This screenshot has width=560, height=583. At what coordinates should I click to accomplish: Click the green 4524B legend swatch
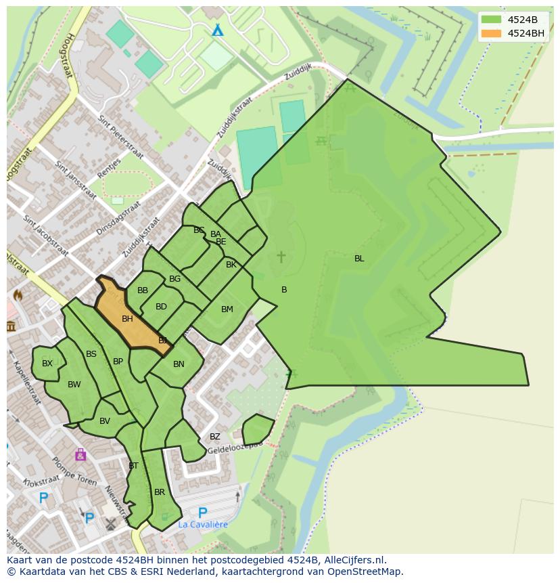click(492, 20)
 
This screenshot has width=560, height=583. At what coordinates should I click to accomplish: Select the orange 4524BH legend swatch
click(492, 33)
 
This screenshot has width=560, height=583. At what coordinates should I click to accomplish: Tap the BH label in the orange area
click(127, 319)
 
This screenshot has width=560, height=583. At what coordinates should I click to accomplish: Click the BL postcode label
click(359, 259)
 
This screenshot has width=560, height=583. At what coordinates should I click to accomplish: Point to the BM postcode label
click(227, 309)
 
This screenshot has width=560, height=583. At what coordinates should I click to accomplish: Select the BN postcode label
click(179, 364)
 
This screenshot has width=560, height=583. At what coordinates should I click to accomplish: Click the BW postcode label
click(74, 385)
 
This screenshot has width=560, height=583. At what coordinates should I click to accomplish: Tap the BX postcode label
click(47, 364)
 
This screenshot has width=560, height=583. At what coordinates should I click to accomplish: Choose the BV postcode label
click(105, 421)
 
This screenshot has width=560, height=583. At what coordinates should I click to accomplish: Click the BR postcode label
click(160, 492)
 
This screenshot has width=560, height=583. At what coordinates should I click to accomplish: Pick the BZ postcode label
click(214, 437)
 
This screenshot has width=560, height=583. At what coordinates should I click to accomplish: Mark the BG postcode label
click(175, 279)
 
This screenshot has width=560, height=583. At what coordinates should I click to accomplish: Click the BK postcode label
click(231, 265)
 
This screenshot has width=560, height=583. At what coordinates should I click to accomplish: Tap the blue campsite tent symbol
click(217, 30)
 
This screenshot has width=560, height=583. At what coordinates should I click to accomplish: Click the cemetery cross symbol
click(281, 257)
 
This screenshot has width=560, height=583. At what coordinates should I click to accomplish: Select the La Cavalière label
click(203, 525)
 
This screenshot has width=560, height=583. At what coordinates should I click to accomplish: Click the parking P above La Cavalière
click(202, 513)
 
